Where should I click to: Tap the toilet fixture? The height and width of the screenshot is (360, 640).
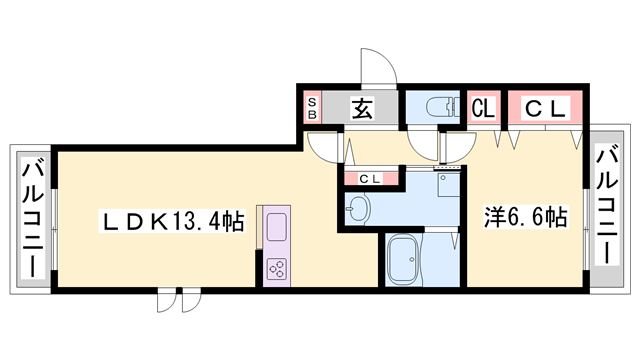point(437,106)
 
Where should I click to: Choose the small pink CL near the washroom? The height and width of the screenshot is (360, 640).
point(369,179)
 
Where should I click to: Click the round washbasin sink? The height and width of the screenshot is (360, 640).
point(358,208)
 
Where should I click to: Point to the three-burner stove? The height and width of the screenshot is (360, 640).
point(277,268)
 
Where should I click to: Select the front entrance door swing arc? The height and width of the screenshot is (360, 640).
point(379,68)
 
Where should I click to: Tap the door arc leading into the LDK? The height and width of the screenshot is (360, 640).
point(326,148)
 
